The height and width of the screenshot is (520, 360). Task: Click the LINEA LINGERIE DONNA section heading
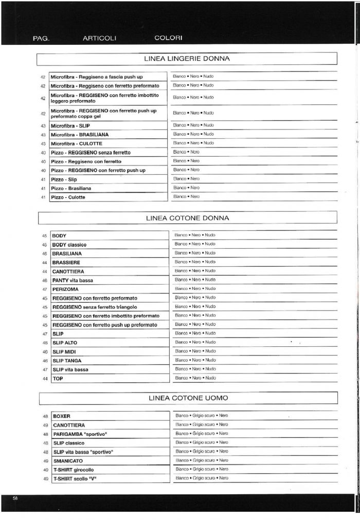click(187, 59)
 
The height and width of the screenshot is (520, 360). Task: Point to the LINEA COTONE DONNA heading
click(187, 218)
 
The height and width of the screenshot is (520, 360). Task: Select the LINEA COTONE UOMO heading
click(188, 398)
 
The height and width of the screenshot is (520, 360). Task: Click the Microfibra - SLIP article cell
click(109, 126)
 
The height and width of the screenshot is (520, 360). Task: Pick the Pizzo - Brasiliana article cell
click(109, 189)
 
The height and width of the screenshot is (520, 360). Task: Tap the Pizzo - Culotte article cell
click(109, 197)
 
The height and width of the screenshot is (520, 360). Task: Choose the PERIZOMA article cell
click(110, 289)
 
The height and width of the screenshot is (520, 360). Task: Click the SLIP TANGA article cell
click(110, 361)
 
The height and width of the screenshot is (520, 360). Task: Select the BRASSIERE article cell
click(110, 263)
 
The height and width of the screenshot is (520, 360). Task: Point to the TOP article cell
click(110, 379)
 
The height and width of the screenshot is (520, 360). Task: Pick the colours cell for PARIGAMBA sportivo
click(254, 434)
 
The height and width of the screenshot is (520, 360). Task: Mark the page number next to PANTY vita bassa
click(45, 281)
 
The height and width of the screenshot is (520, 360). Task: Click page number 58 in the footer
click(16, 499)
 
